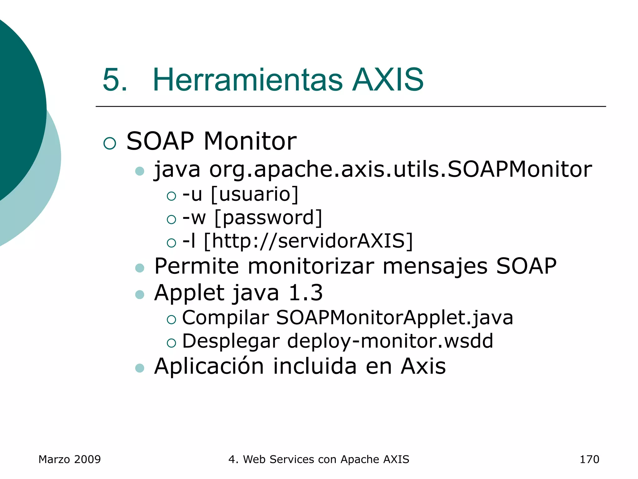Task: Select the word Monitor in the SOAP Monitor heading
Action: [250, 141]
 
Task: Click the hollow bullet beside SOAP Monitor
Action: [110, 143]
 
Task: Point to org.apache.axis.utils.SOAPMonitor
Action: [400, 170]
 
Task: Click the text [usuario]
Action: [255, 194]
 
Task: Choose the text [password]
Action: [268, 218]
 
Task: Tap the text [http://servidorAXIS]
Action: [308, 241]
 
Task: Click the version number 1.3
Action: [306, 293]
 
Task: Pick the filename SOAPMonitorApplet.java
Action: [394, 318]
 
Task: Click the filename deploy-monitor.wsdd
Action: [390, 341]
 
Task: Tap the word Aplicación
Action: [209, 366]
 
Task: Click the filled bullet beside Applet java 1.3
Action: [140, 295]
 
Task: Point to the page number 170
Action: [589, 459]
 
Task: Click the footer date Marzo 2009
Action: [69, 459]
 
